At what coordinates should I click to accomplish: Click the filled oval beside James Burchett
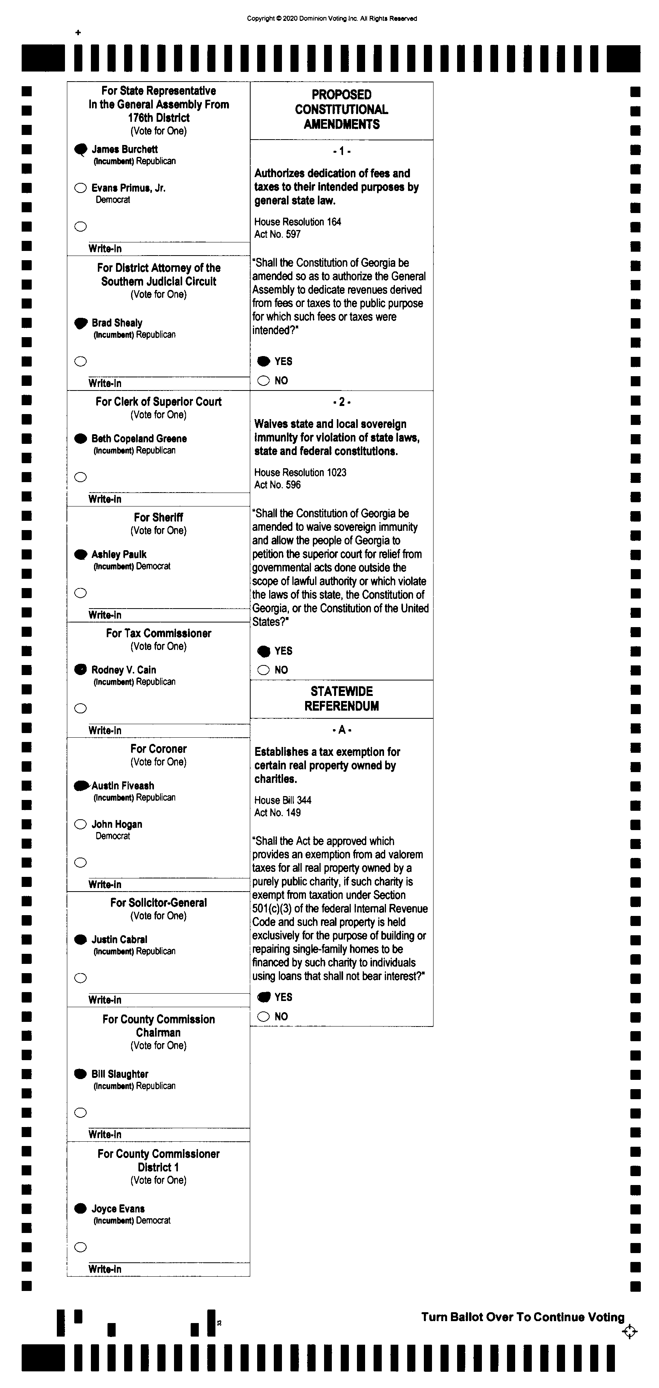80,149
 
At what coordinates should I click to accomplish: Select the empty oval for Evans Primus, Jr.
80,188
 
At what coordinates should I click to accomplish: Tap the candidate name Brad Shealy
117,323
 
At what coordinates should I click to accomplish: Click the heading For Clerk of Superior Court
159,401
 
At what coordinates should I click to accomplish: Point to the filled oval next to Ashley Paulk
80,554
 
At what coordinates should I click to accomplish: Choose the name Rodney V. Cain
123,670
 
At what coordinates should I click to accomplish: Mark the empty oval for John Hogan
80,824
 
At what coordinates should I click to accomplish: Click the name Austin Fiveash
123,786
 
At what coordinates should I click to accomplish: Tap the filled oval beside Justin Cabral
80,940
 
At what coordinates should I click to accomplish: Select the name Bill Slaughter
120,1074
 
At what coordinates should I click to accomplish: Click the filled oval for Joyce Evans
80,1209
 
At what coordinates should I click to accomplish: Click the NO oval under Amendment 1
263,381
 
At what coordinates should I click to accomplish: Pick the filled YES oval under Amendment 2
263,651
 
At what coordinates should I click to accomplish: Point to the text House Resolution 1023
300,472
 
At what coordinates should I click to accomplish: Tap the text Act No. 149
278,813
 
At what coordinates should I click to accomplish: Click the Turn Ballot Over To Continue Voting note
522,1317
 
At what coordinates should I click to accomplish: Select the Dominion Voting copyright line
332,18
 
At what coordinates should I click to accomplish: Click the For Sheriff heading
159,517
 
